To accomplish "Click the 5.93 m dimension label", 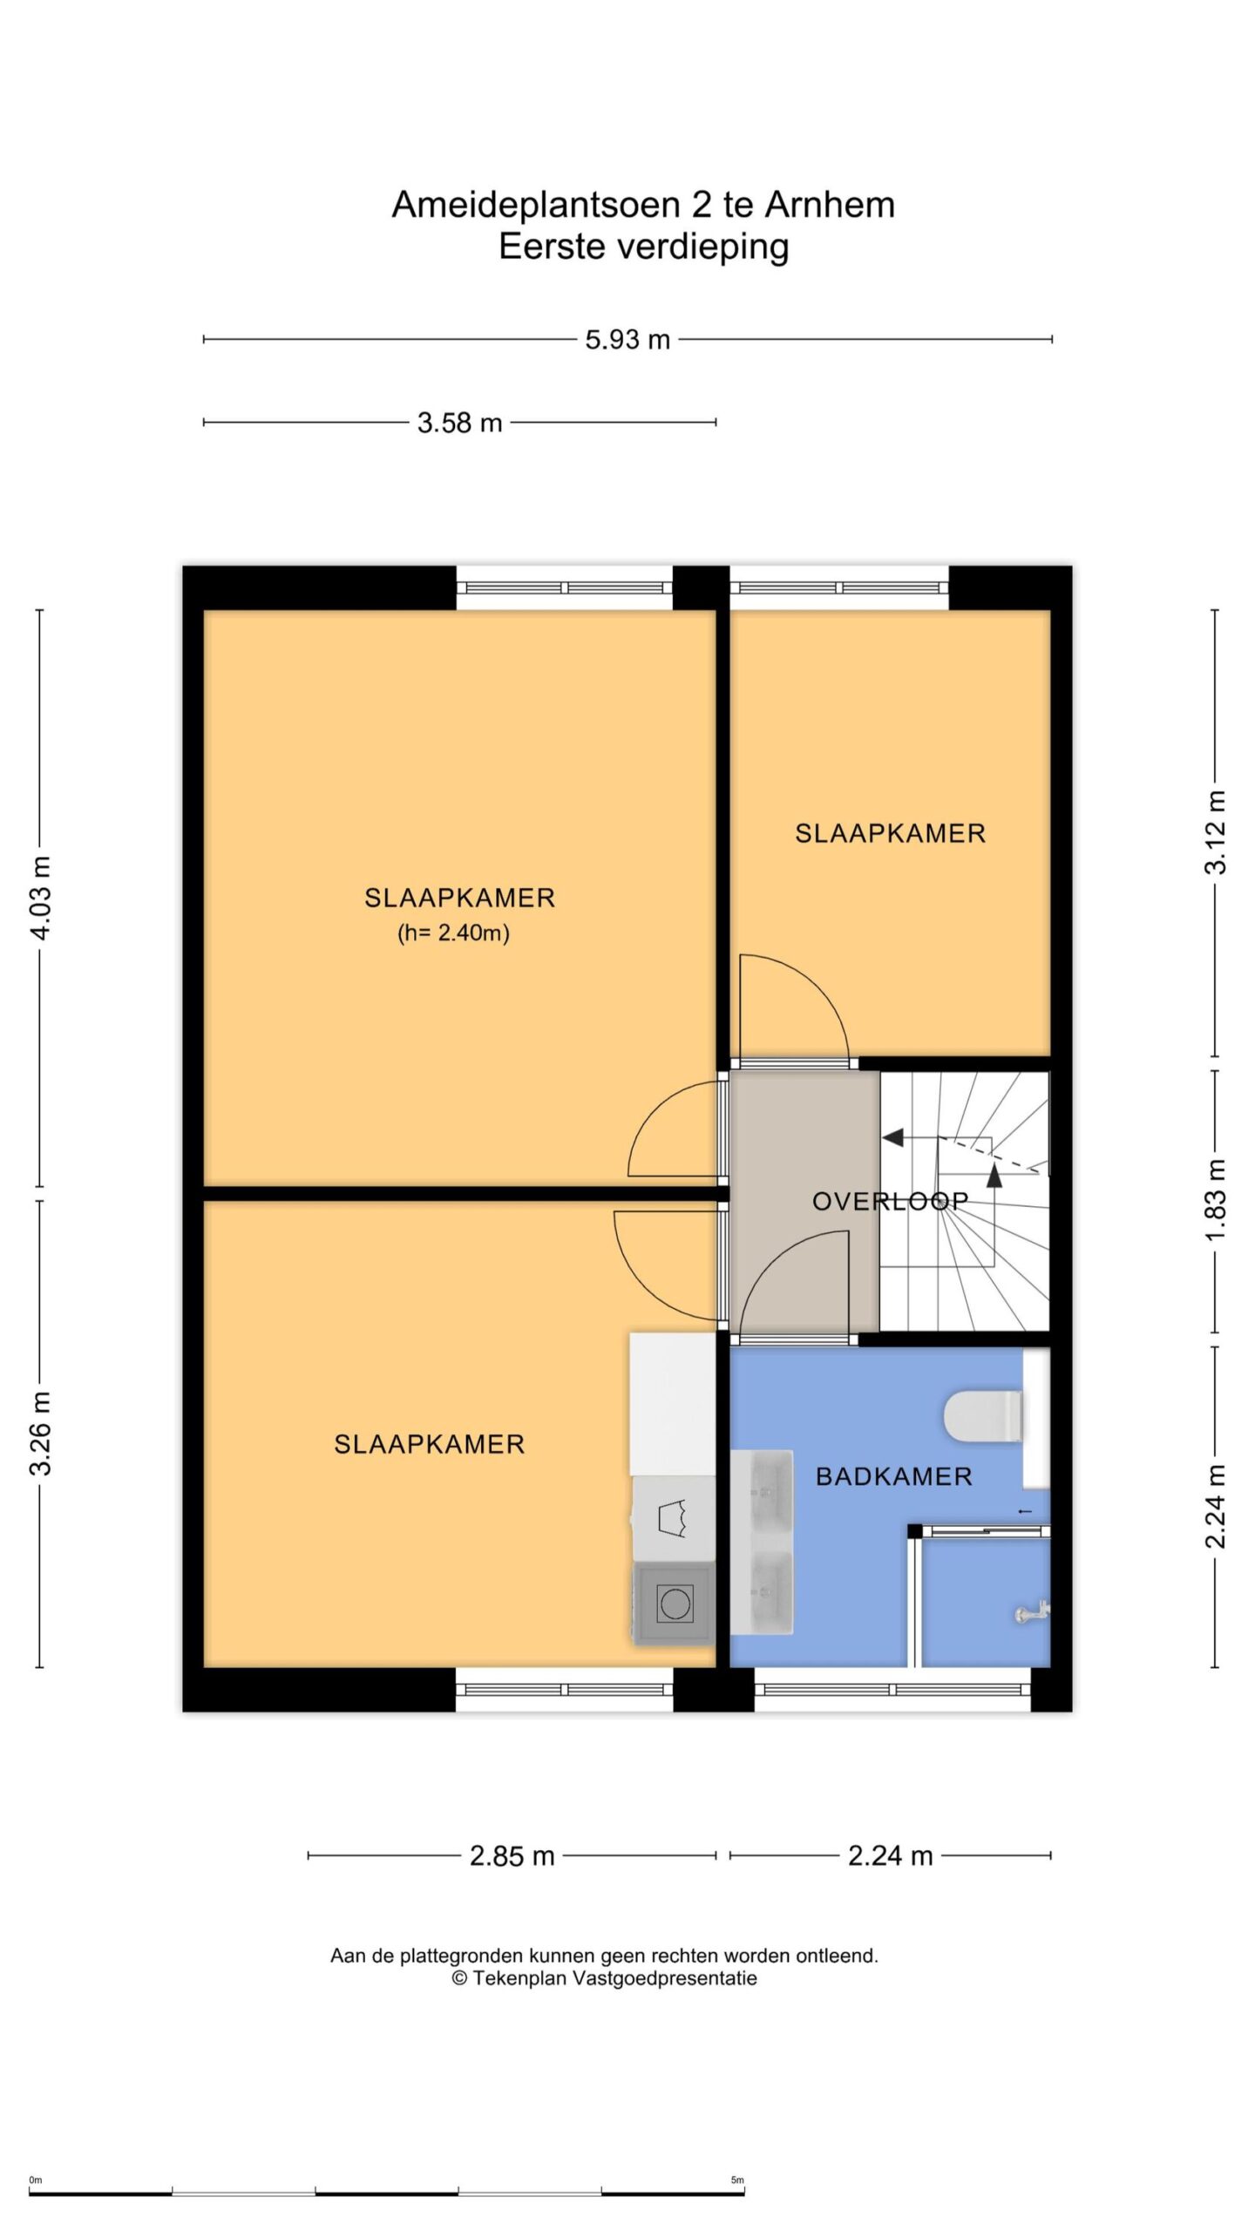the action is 627,339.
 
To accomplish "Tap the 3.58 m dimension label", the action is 459,423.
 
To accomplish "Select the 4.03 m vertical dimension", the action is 40,898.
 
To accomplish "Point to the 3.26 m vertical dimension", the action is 40,1433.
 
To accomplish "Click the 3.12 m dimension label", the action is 1215,831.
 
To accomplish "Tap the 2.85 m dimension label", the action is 512,1856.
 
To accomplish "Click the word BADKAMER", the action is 893,1476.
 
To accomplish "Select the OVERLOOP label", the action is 890,1202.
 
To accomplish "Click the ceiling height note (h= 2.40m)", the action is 453,933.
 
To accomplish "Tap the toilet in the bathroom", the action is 983,1416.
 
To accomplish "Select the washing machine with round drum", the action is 674,1604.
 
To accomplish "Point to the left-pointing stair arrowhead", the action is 892,1137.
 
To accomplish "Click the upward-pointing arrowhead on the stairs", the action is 994,1173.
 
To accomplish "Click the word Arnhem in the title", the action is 830,206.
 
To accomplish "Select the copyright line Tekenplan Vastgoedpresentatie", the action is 604,1978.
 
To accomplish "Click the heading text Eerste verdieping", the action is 644,247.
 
